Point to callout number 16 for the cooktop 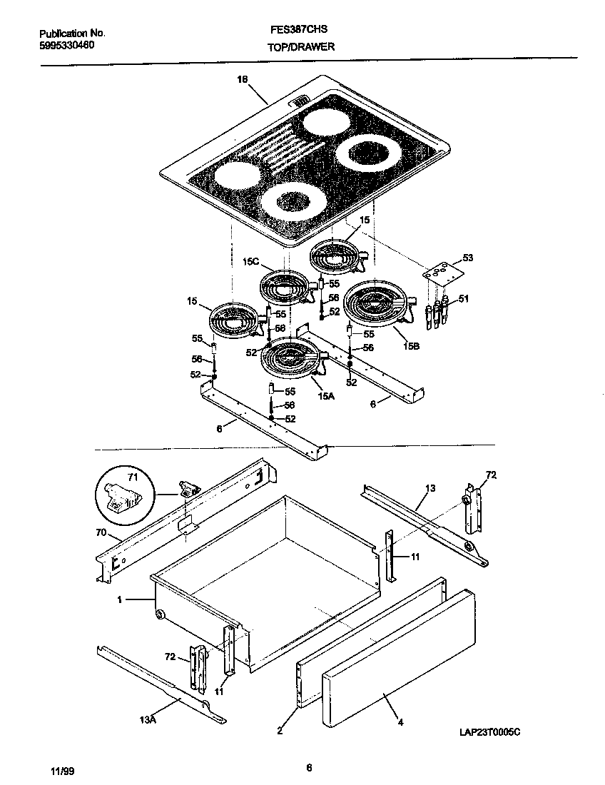[242, 81]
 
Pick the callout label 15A [325, 395]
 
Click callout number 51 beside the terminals [463, 298]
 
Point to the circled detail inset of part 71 [123, 494]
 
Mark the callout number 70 [101, 532]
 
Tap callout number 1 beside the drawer [120, 600]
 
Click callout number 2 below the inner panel [280, 730]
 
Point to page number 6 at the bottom [308, 768]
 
